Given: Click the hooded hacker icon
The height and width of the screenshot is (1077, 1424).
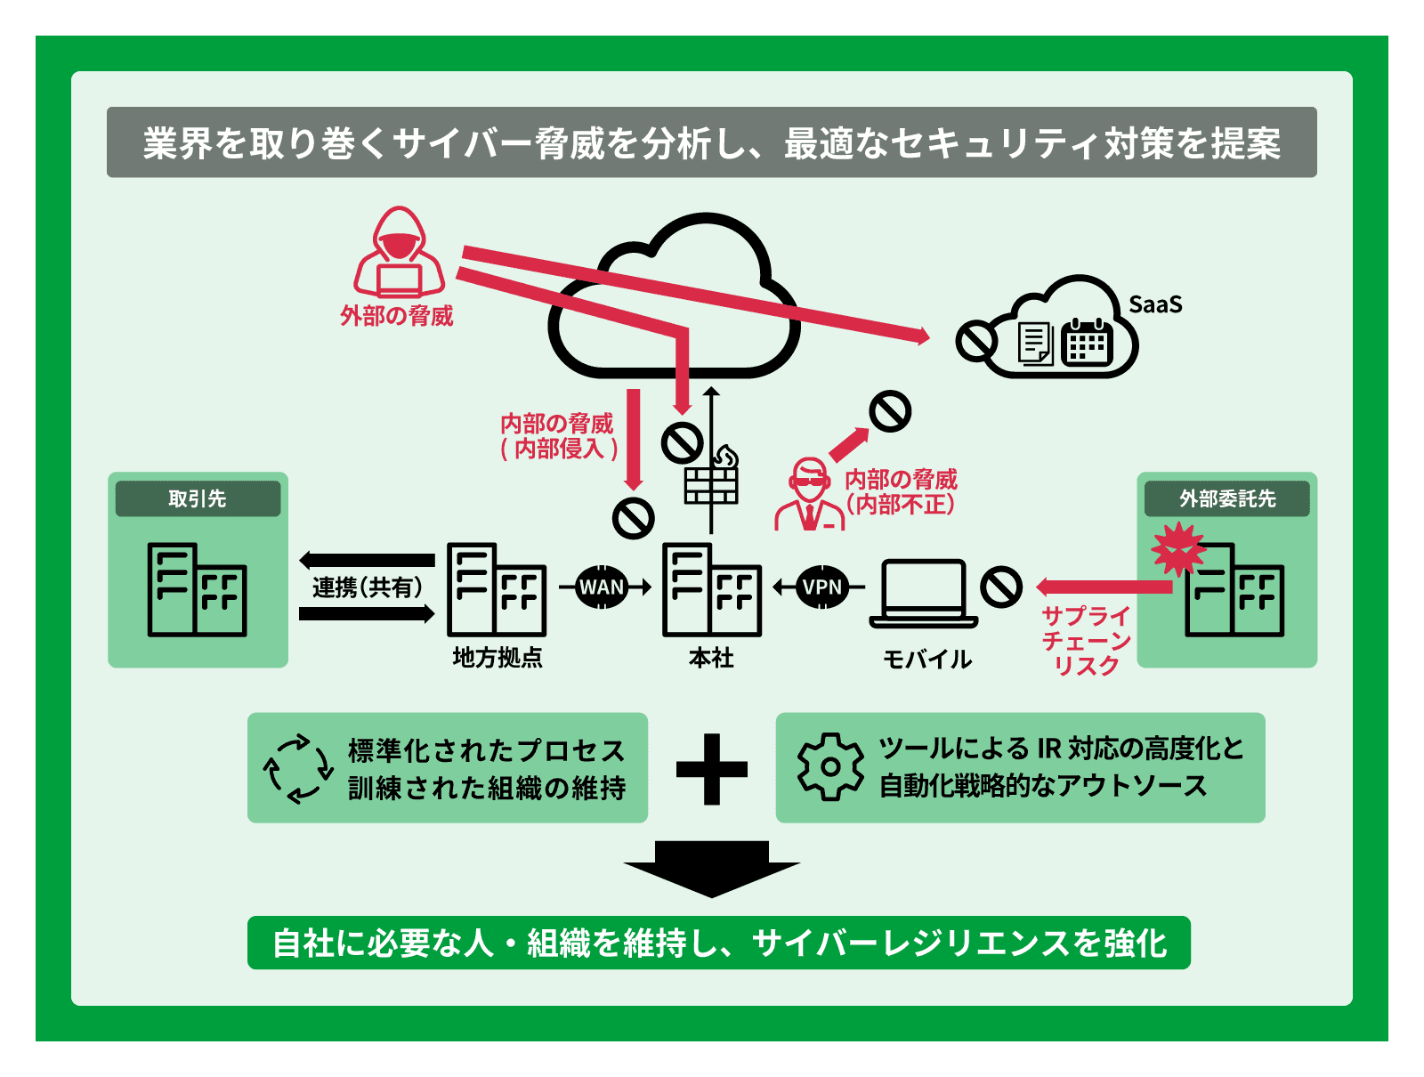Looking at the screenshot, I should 398,254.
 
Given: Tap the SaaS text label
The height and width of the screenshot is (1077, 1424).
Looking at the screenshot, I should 1155,304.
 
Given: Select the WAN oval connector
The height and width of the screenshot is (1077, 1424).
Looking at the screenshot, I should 603,587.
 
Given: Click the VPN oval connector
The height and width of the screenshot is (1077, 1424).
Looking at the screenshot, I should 821,587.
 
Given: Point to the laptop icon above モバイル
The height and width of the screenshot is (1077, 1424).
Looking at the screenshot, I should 924,592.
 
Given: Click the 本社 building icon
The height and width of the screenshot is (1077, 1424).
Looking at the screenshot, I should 712,589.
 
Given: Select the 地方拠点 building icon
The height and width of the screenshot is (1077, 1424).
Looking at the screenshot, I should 496,589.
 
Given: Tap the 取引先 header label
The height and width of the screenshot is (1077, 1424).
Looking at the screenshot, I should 198,498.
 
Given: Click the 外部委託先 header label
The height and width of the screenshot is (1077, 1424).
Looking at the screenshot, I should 1227,498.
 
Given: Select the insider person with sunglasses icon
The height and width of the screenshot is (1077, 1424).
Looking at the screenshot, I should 809,496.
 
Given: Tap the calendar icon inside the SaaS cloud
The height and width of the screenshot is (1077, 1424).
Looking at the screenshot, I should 1087,342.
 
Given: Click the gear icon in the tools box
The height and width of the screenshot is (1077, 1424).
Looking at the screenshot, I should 829,767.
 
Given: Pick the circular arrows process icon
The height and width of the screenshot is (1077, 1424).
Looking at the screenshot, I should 298,768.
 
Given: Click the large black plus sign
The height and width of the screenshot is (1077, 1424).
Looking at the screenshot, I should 711,769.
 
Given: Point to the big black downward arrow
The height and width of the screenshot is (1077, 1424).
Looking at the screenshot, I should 711,869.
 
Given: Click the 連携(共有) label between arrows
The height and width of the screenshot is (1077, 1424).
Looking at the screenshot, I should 367,587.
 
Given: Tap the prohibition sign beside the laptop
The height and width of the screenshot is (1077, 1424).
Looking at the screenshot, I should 1001,587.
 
